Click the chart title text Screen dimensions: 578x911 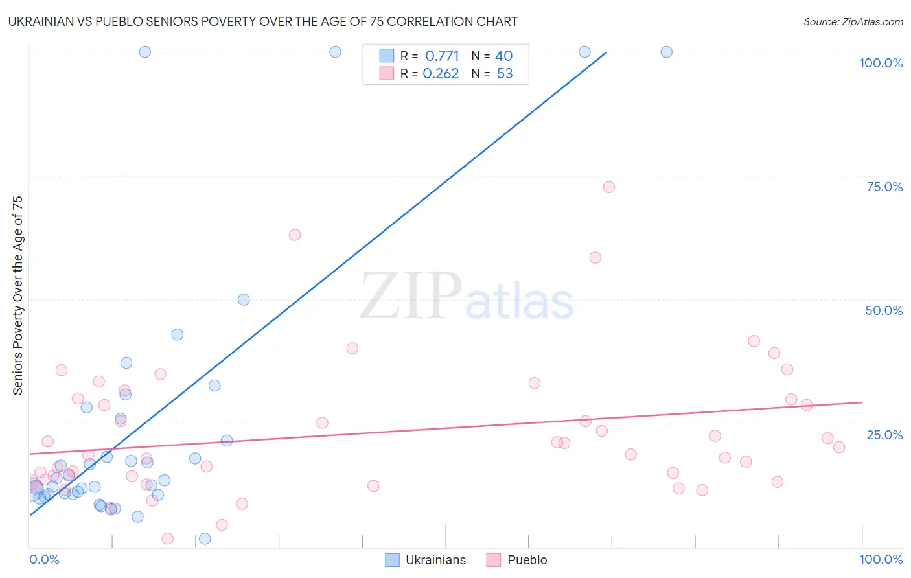tap(262, 21)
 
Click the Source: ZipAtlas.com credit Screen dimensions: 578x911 tap(853, 21)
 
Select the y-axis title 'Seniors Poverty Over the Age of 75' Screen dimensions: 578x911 tap(17, 295)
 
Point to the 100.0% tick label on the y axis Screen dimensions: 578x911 tap(881, 63)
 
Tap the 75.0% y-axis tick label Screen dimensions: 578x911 tap(884, 187)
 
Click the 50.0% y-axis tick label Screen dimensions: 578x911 tap(884, 310)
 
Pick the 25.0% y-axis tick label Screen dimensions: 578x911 tap(884, 434)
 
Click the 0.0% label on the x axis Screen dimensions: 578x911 tap(44, 559)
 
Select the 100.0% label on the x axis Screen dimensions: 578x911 tap(881, 559)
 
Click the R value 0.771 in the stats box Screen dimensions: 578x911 tap(442, 56)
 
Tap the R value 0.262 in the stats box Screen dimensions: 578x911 tap(441, 74)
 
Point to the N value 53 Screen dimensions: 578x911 tap(504, 74)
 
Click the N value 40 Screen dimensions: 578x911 tap(503, 56)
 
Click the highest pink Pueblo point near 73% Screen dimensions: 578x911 tap(608, 187)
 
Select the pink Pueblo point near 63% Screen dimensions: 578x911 tap(295, 235)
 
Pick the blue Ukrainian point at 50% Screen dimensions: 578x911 tap(244, 299)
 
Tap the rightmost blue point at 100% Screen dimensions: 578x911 tap(666, 52)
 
